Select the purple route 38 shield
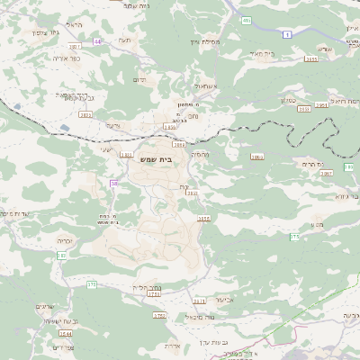click(x=113, y=183)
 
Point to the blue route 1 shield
click(x=286, y=33)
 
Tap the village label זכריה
click(x=67, y=241)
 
